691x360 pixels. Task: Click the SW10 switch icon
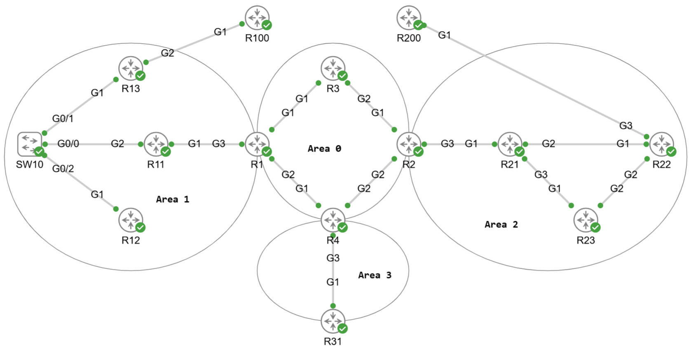(x=29, y=144)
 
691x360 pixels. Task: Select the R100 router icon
(x=257, y=18)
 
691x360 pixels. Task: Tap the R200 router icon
(x=409, y=18)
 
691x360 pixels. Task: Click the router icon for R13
(x=131, y=68)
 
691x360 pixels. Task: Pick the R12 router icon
(x=131, y=220)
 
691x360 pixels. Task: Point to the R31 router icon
(x=333, y=321)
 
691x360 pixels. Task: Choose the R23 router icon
(x=586, y=220)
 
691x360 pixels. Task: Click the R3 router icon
(x=333, y=68)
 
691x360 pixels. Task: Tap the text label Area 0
(x=324, y=149)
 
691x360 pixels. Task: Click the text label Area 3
(x=375, y=275)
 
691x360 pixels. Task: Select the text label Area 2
(x=501, y=224)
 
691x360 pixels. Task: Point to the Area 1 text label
(x=172, y=199)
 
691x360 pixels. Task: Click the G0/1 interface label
(x=63, y=119)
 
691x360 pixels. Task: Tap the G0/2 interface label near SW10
(x=63, y=168)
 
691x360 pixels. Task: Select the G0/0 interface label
(x=68, y=143)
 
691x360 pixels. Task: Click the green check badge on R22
(x=671, y=152)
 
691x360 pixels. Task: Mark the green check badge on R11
(x=166, y=152)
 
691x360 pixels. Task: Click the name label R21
(x=510, y=165)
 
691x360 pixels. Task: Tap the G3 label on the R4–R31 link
(x=333, y=258)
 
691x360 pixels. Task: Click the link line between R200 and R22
(x=536, y=81)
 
